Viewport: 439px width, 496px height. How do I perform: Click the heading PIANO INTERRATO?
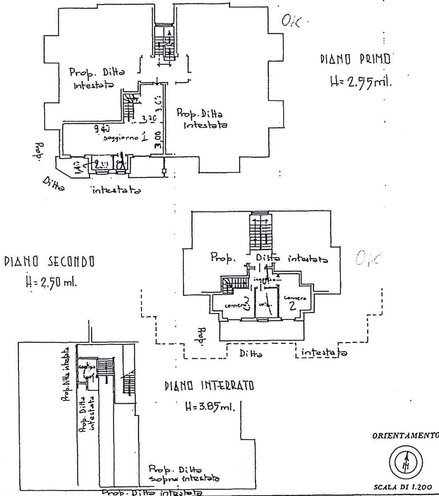coord(209,386)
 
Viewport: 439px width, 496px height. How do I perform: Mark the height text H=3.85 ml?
coord(210,406)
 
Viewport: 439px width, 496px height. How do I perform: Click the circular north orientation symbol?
coord(406,462)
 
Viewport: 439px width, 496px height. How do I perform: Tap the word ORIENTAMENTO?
coord(404,435)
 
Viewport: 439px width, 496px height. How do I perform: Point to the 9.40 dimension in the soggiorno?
coord(99,129)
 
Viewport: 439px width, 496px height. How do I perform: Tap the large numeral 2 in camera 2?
coord(292,306)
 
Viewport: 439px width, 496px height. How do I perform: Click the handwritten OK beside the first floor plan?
coord(291,21)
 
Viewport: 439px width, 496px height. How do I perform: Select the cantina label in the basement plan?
coord(88,367)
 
